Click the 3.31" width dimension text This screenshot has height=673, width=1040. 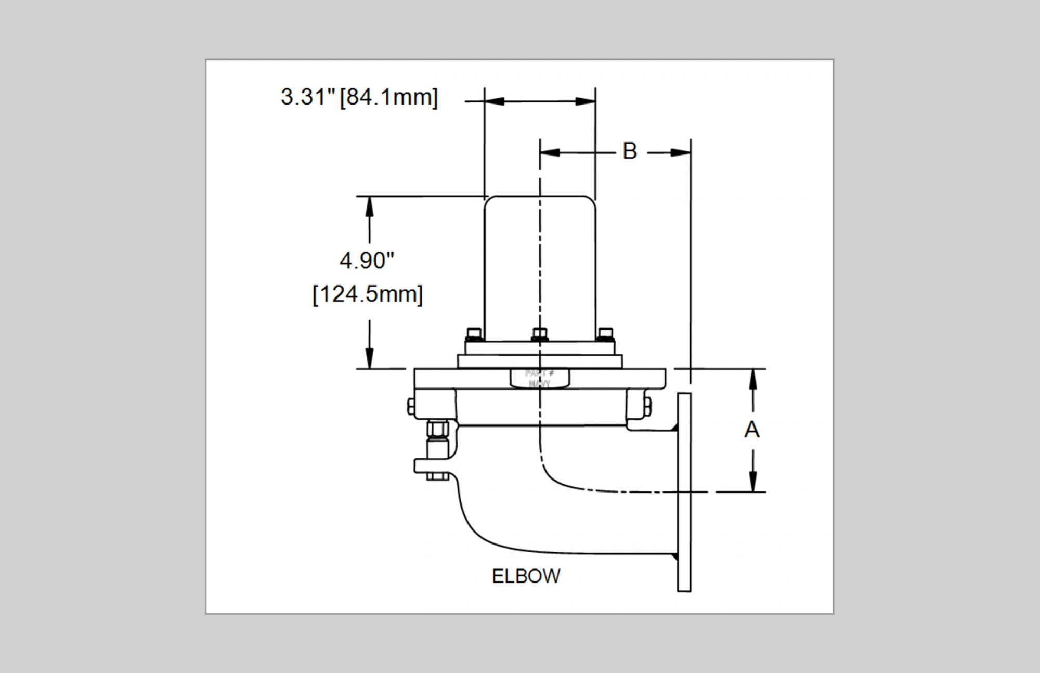(x=308, y=97)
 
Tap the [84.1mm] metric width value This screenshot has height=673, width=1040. (x=389, y=97)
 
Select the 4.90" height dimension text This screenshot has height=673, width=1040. (x=367, y=261)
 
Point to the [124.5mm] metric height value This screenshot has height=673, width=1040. (x=368, y=294)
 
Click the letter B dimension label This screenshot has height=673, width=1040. (x=630, y=151)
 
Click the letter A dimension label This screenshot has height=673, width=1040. (x=752, y=430)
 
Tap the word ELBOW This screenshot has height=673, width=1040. (x=526, y=576)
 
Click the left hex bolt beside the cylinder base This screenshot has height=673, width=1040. (x=473, y=333)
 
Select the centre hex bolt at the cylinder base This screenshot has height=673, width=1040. (x=540, y=333)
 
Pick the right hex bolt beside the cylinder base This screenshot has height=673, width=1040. (x=605, y=333)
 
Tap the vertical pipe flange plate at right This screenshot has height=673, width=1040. (x=684, y=491)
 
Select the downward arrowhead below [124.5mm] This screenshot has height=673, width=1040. (x=369, y=358)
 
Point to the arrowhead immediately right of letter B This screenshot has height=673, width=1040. (x=680, y=152)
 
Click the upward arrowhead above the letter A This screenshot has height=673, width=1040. (x=752, y=379)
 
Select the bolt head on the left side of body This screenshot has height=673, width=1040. (x=411, y=406)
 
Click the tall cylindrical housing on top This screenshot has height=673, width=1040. (x=540, y=268)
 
